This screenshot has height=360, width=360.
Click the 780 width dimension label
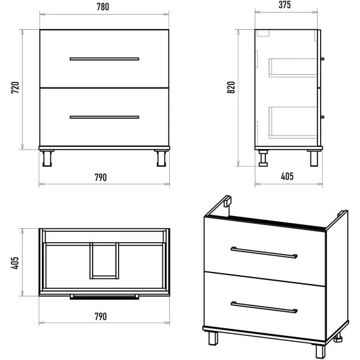point(103,7)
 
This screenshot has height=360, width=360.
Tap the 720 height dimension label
point(15,87)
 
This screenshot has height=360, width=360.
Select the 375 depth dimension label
point(285,5)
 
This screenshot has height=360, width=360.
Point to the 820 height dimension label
point(231,87)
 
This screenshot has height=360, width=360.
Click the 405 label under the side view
point(287,176)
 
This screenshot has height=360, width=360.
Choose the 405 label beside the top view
point(15,263)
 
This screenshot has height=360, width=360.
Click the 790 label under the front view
point(101,177)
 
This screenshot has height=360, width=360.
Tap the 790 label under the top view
point(101,317)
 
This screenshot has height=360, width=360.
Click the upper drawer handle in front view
point(104,59)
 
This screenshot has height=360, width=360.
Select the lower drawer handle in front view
point(104,117)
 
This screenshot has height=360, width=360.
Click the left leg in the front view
point(47,158)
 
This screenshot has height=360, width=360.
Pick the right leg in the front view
point(162,158)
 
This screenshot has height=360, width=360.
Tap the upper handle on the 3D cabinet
point(264,252)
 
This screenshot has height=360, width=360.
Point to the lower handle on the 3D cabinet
point(264,307)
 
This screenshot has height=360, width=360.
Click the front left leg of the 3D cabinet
point(214,338)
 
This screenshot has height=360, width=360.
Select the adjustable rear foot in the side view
point(263,158)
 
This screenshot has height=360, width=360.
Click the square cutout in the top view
point(104,261)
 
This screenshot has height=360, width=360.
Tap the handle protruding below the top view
point(104,297)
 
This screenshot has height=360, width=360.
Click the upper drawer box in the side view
point(293,67)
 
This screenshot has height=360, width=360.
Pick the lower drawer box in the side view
point(293,122)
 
